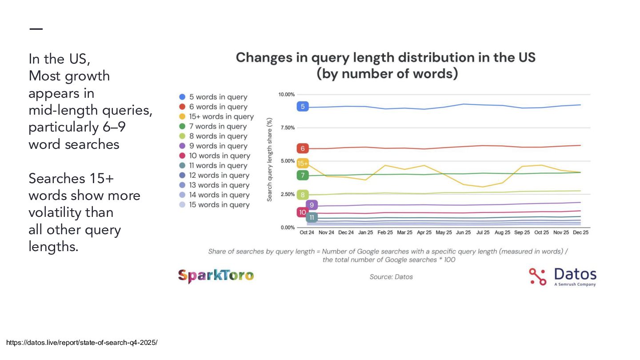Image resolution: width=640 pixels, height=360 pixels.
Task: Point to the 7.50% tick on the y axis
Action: click(x=287, y=128)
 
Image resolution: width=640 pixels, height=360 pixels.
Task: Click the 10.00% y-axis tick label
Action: click(x=287, y=95)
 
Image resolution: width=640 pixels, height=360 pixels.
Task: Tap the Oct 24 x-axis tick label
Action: click(x=307, y=232)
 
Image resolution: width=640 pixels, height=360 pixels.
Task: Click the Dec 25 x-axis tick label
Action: click(x=580, y=232)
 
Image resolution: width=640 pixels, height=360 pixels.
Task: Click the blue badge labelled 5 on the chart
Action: click(x=303, y=106)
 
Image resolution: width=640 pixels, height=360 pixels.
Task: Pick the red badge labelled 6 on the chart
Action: click(x=303, y=148)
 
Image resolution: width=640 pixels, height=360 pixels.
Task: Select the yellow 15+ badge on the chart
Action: click(x=303, y=163)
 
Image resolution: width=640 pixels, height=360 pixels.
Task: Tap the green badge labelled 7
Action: click(x=303, y=175)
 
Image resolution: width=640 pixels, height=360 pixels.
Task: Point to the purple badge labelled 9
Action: click(x=312, y=205)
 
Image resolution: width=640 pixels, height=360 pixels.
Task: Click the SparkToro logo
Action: click(x=216, y=276)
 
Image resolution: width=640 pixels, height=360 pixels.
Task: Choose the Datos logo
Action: click(x=563, y=276)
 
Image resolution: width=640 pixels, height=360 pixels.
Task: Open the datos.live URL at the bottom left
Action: click(x=82, y=343)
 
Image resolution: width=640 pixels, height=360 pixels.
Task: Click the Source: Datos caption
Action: click(x=391, y=277)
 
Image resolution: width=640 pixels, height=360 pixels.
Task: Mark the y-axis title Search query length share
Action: click(x=270, y=160)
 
